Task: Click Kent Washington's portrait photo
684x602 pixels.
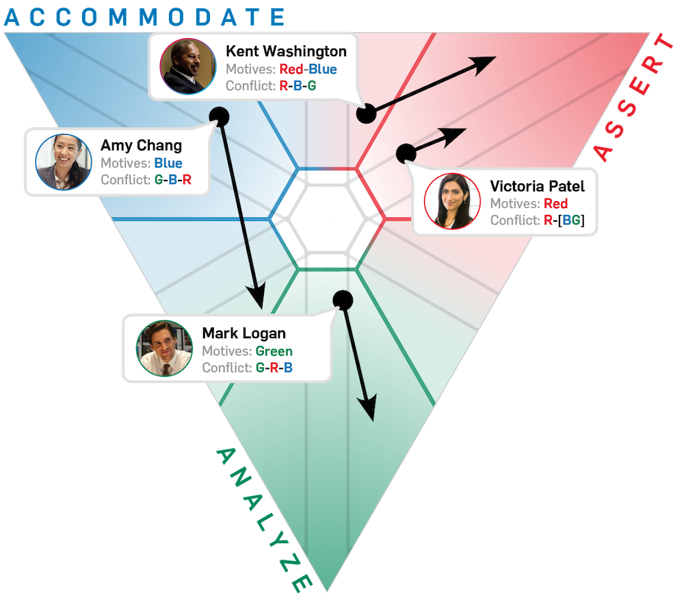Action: (x=188, y=66)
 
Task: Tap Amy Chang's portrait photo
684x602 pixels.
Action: (x=64, y=162)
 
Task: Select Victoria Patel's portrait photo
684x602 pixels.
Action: (x=452, y=201)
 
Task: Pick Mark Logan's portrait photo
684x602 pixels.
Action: (x=164, y=348)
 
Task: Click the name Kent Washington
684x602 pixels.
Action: (x=286, y=51)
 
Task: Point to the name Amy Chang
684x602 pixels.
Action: (x=141, y=145)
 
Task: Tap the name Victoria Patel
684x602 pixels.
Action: (x=537, y=186)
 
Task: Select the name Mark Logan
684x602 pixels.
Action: (x=244, y=333)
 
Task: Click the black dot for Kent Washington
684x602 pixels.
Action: (x=366, y=114)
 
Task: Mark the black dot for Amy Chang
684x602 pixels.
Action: (x=219, y=117)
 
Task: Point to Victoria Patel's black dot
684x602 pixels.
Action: (x=406, y=153)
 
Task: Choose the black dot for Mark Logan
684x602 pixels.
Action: (x=343, y=300)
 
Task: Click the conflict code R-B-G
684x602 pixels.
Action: (x=298, y=86)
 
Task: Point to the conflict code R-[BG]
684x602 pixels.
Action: (x=564, y=220)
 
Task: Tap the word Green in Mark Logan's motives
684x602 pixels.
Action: (x=274, y=351)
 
